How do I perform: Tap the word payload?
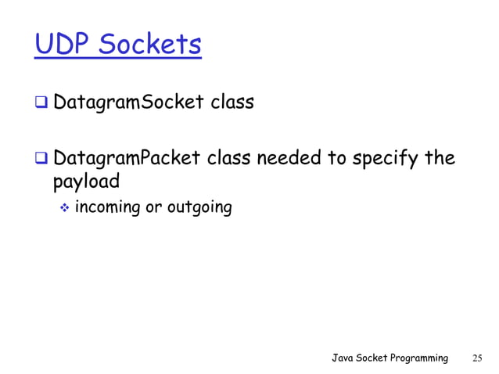click(85, 182)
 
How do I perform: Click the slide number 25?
click(477, 358)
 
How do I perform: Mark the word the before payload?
click(437, 159)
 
